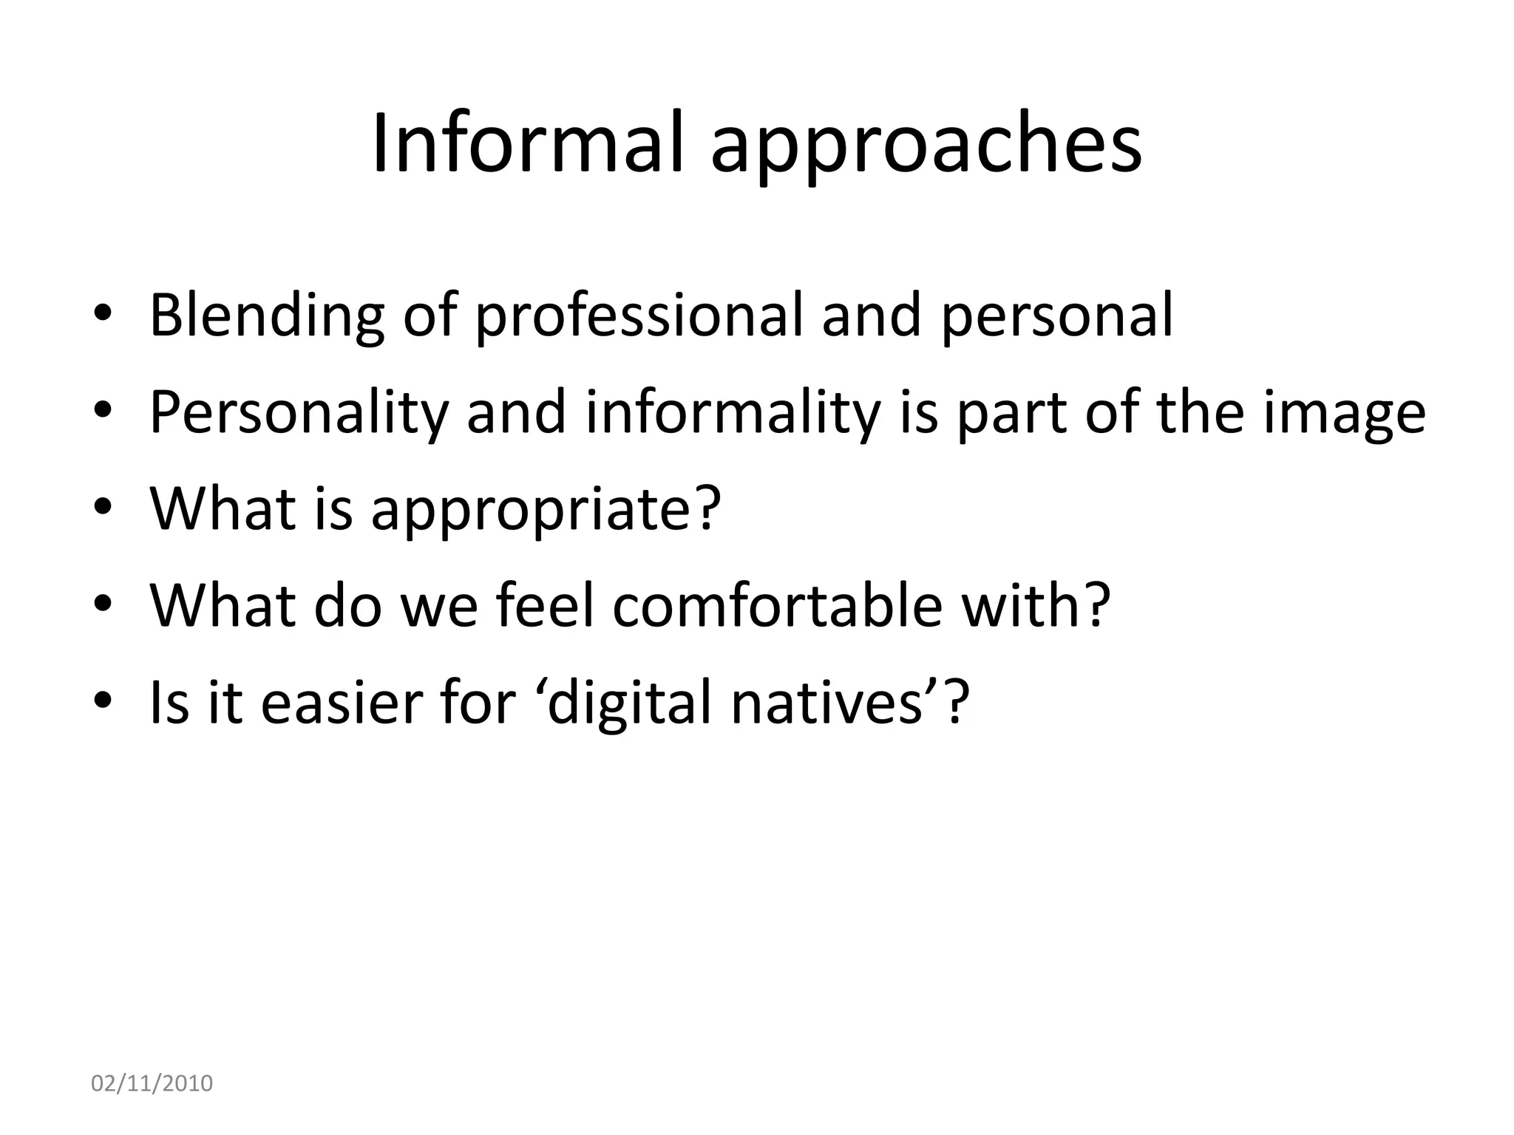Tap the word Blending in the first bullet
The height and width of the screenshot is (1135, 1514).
267,316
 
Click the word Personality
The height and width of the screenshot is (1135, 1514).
299,414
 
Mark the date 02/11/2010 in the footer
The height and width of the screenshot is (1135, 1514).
152,1084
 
